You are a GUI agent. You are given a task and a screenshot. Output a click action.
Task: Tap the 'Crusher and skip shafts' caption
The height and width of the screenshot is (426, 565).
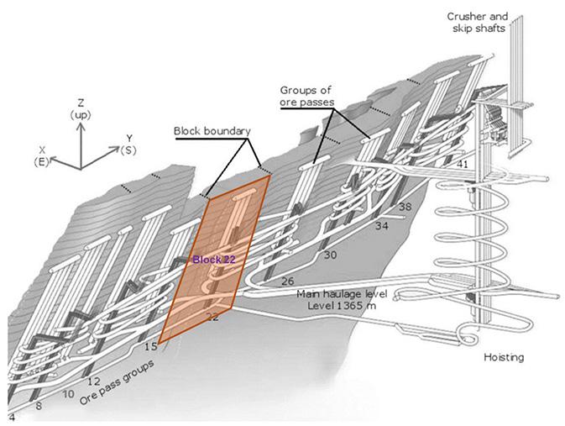tap(477, 22)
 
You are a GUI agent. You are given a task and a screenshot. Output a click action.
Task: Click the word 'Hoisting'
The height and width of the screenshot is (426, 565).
tap(504, 357)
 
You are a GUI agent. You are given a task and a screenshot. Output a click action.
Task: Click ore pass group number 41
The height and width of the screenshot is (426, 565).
tap(462, 165)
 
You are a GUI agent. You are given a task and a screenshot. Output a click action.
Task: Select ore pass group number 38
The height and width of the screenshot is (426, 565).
tap(405, 207)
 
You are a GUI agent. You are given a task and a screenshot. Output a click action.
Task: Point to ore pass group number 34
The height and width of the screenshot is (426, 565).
tap(382, 226)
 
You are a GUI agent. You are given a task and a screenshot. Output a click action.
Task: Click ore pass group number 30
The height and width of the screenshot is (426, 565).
tap(330, 255)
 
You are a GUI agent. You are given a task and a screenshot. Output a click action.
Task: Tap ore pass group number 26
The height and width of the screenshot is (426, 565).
tap(288, 281)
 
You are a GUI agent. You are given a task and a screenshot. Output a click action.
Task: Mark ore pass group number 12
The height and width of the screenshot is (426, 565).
tap(93, 381)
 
